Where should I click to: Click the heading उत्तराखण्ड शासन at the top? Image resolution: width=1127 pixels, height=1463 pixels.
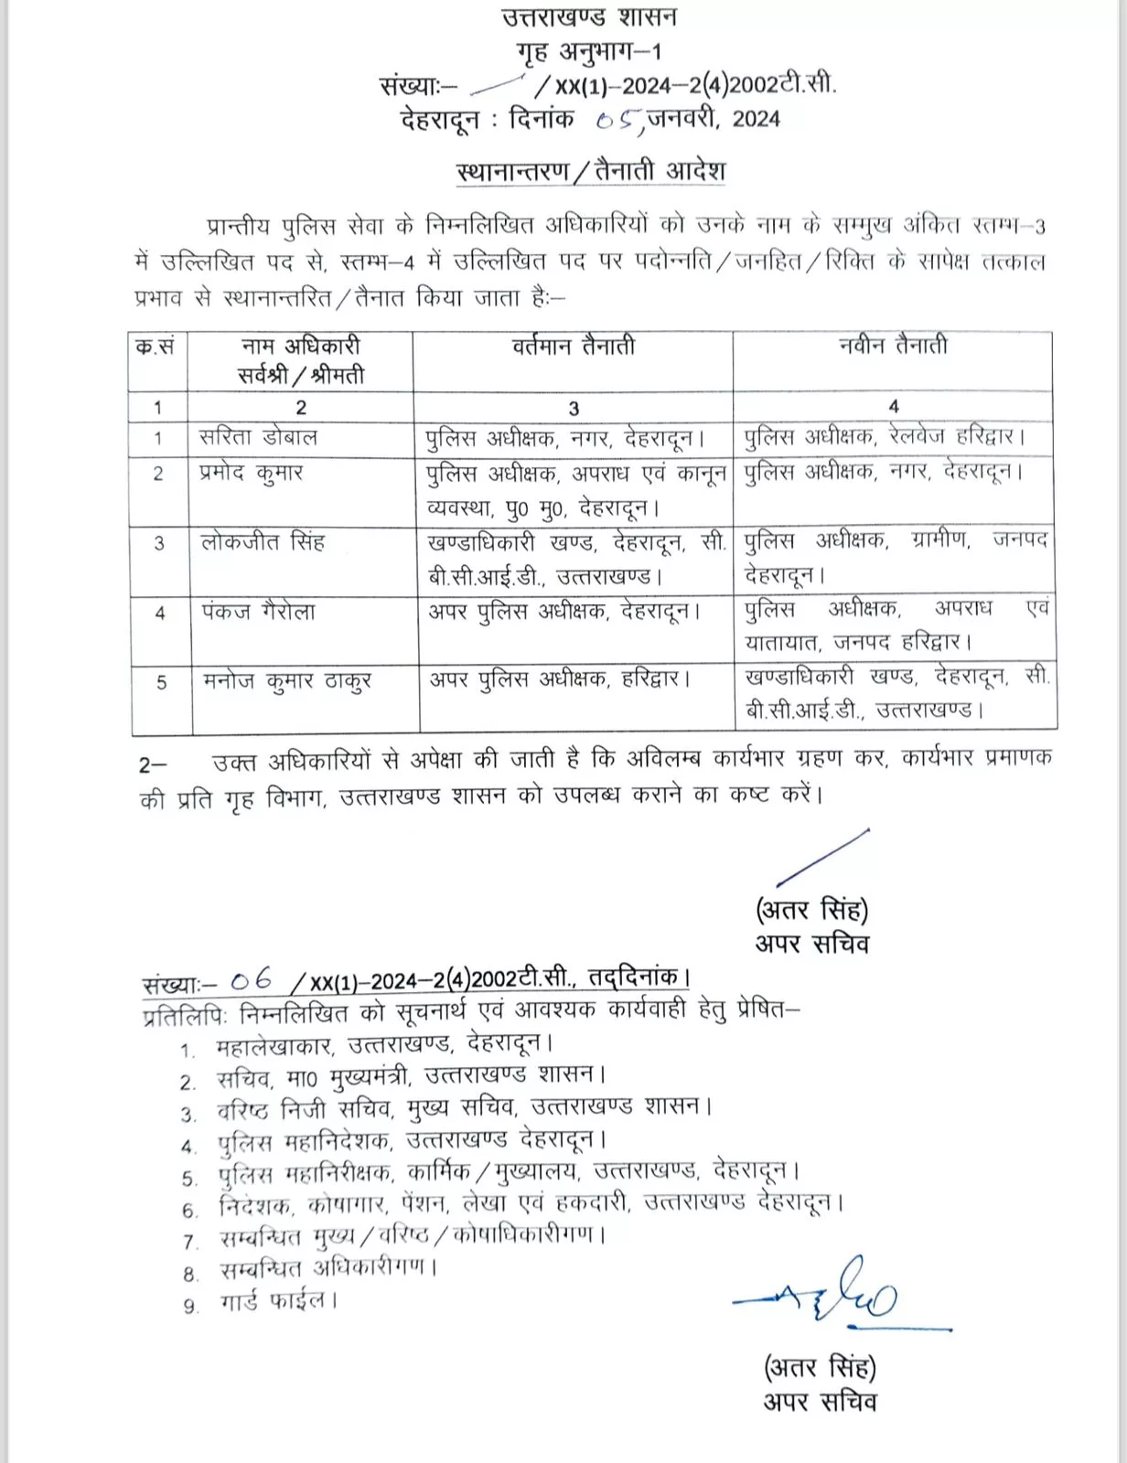pyautogui.click(x=589, y=17)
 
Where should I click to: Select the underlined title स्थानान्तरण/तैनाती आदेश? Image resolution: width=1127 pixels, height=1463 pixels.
pyautogui.click(x=590, y=171)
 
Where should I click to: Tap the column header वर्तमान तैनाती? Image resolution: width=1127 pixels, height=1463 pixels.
pyautogui.click(x=573, y=346)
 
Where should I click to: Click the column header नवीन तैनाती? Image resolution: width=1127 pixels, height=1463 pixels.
pyautogui.click(x=893, y=346)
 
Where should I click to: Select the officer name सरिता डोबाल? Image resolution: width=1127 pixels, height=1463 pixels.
pyautogui.click(x=258, y=437)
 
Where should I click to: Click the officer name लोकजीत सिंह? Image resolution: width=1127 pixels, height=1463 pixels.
pyautogui.click(x=263, y=542)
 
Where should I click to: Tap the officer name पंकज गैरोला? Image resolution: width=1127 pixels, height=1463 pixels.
pyautogui.click(x=259, y=612)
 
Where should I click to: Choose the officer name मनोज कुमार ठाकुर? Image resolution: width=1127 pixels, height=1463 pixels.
pyautogui.click(x=286, y=681)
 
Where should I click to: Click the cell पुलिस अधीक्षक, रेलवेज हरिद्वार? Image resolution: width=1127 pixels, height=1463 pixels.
pyautogui.click(x=885, y=437)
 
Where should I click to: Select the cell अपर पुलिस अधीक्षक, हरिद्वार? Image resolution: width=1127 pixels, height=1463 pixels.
pyautogui.click(x=560, y=679)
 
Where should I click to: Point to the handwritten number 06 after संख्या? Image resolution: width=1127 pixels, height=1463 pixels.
pyautogui.click(x=252, y=980)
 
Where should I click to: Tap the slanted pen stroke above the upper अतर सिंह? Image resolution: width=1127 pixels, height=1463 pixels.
pyautogui.click(x=821, y=858)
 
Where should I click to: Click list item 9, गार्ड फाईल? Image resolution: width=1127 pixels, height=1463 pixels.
pyautogui.click(x=278, y=1300)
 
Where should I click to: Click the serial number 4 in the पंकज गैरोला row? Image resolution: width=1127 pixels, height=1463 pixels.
pyautogui.click(x=159, y=613)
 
